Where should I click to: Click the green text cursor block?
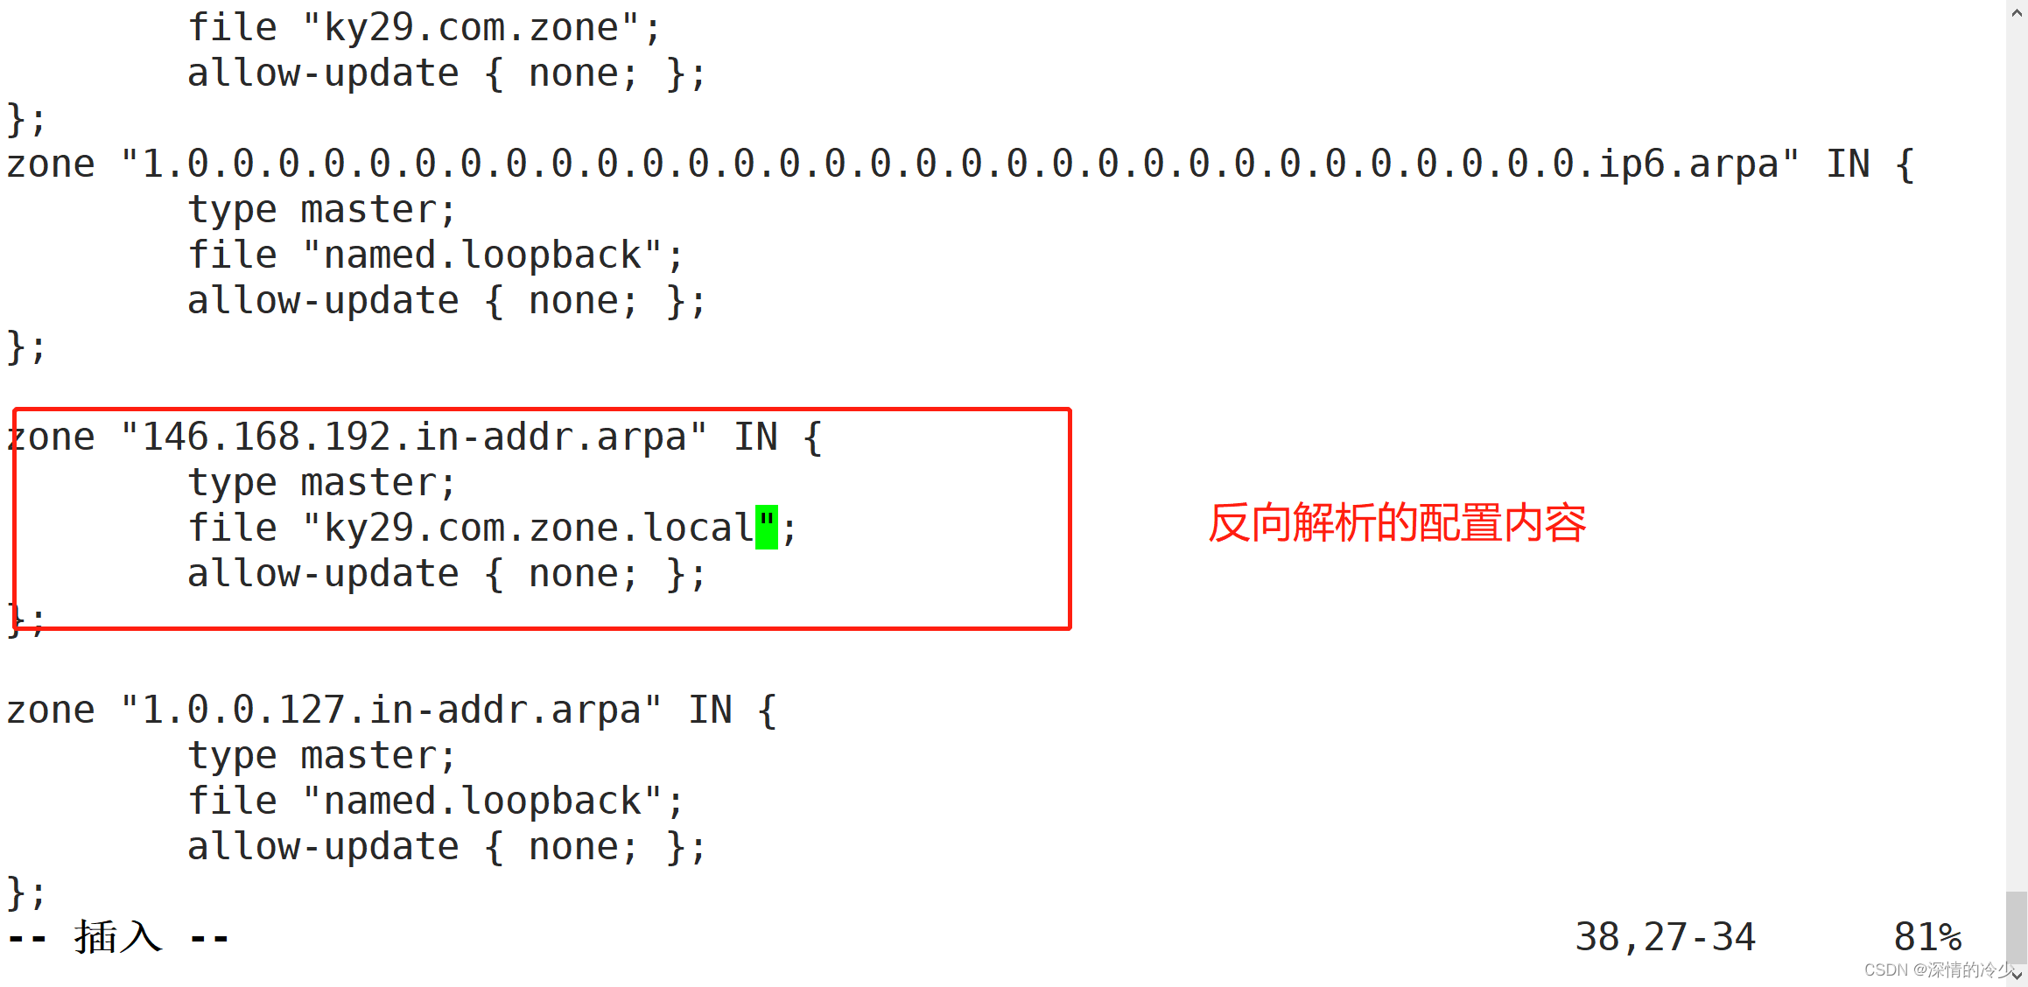766,528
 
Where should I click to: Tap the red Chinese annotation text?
1396,523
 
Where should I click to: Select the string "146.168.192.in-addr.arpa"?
413,437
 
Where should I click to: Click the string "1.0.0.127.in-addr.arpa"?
390,710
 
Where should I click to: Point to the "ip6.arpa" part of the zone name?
1688,164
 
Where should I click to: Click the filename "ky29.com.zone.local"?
538,528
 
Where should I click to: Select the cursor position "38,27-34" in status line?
1664,937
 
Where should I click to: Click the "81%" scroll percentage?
1926,937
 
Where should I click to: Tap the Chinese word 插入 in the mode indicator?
118,937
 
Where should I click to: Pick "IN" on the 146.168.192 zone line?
755,437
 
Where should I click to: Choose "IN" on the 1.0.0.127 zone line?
710,710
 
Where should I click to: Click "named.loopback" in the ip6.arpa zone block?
482,255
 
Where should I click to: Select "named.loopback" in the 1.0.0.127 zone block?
482,801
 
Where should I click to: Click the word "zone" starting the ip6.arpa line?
51,164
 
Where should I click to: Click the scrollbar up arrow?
2017,12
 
